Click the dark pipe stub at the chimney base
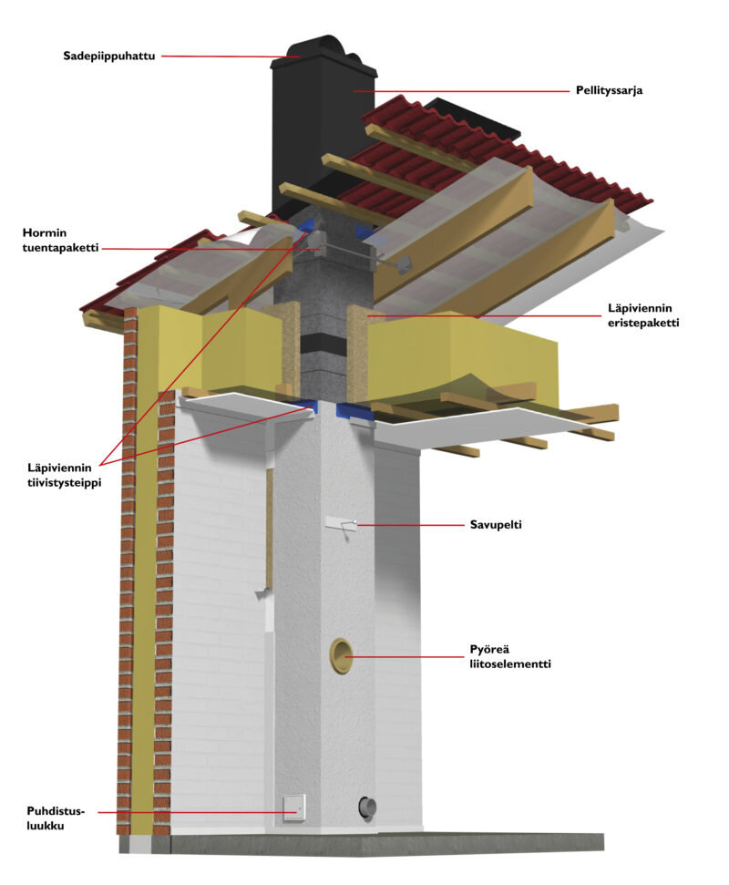[366, 808]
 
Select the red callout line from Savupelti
[410, 525]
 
